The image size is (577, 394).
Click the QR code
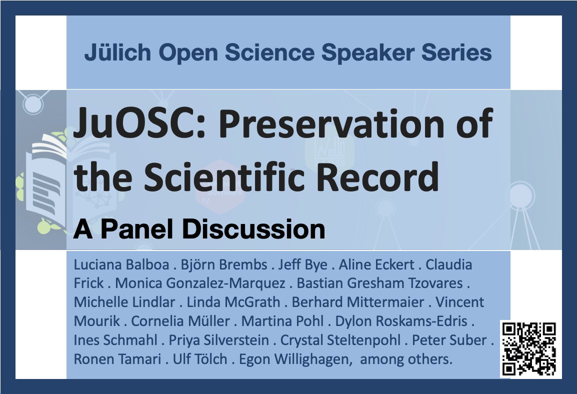528,349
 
